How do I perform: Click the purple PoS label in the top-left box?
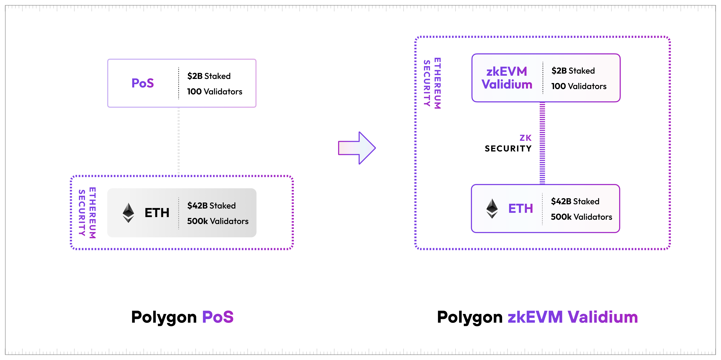tap(143, 83)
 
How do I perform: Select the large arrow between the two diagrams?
tap(357, 148)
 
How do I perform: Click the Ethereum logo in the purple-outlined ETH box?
tap(492, 209)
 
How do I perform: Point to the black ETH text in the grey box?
tap(157, 213)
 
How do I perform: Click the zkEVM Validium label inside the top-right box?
tap(507, 78)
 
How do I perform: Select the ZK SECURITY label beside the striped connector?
tap(508, 143)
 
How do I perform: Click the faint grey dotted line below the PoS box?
tap(179, 141)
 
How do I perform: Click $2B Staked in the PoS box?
tap(209, 76)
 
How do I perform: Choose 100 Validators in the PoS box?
tap(215, 92)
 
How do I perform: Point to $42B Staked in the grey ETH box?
tap(211, 206)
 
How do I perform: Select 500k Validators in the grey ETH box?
tap(218, 221)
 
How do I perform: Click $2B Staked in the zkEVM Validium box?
tap(573, 71)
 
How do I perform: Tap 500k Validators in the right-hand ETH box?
tap(581, 217)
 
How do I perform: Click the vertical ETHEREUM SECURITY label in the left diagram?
tap(87, 213)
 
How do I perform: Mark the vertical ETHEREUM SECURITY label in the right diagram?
tap(432, 83)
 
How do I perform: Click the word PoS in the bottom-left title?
tap(218, 317)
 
